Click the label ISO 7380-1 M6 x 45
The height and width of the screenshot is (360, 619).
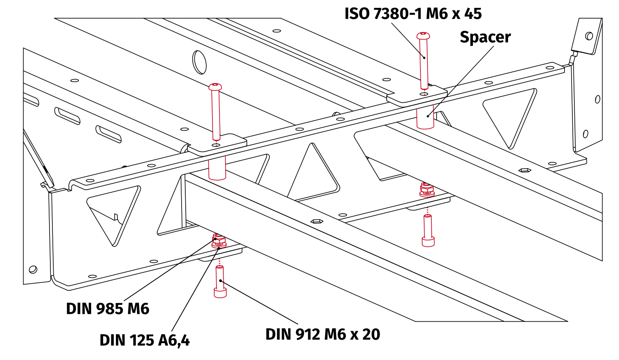click(413, 14)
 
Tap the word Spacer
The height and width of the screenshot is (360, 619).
click(485, 38)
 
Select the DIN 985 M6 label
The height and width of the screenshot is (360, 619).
click(107, 308)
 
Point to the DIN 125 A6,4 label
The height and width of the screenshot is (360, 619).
click(144, 340)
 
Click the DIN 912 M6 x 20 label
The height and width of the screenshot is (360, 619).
click(322, 334)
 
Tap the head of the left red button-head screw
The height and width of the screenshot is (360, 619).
click(215, 87)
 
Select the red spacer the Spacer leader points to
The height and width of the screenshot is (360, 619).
click(425, 118)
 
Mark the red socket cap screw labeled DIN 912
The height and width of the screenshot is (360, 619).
click(220, 282)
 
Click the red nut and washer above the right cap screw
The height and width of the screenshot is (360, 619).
click(427, 190)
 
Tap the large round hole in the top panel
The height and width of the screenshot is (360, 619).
click(200, 62)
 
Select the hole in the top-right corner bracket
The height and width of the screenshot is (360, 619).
click(589, 36)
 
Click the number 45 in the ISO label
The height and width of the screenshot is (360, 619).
click(473, 14)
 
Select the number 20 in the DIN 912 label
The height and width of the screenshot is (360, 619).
click(371, 334)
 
